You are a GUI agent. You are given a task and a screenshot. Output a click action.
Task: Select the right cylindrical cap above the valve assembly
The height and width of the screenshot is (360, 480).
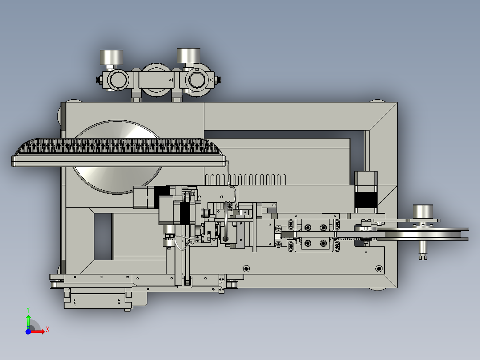[188, 55]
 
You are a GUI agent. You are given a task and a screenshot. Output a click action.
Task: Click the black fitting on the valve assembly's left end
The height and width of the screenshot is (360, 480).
[98, 80]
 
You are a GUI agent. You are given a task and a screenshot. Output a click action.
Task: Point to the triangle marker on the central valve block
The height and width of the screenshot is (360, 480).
[170, 80]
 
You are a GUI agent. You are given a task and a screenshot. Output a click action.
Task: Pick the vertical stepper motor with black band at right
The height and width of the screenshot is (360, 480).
[366, 192]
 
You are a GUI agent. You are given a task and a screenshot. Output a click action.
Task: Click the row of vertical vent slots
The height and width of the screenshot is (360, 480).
[245, 179]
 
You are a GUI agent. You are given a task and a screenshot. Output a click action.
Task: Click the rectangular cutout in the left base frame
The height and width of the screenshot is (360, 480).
[103, 236]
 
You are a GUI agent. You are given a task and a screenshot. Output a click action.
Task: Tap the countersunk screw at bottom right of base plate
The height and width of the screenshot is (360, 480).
[378, 268]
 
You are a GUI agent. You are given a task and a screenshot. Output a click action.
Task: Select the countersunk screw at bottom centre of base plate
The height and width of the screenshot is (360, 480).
[245, 268]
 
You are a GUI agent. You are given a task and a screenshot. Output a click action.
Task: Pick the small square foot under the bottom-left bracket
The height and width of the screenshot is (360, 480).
[128, 308]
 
